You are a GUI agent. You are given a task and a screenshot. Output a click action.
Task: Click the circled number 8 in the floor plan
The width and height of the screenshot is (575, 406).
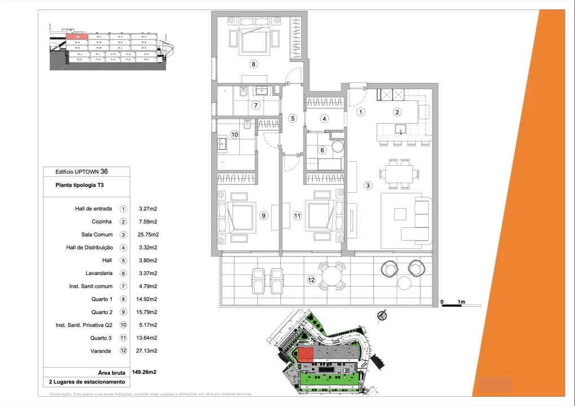pyautogui.click(x=254, y=64)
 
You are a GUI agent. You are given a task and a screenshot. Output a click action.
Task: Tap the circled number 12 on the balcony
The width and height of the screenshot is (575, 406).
pyautogui.click(x=311, y=279)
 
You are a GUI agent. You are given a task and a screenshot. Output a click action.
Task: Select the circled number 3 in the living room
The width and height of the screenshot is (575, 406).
pyautogui.click(x=368, y=185)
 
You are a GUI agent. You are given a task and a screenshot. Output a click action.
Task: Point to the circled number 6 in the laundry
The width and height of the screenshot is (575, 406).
pyautogui.click(x=322, y=150)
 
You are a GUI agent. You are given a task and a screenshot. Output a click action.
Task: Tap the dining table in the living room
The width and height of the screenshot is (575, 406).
pyautogui.click(x=400, y=175)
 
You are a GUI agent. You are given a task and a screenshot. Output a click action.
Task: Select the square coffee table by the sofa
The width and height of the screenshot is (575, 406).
pyautogui.click(x=400, y=214)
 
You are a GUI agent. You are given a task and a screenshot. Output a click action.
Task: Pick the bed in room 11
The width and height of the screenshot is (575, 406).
pyautogui.click(x=322, y=214)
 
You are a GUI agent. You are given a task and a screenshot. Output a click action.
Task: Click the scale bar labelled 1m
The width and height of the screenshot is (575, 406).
pyautogui.click(x=453, y=305)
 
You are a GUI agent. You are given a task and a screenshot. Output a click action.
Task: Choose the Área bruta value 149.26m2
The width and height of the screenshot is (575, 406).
pyautogui.click(x=144, y=372)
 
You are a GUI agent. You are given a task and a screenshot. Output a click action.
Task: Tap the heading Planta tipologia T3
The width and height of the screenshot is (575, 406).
pyautogui.click(x=80, y=185)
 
